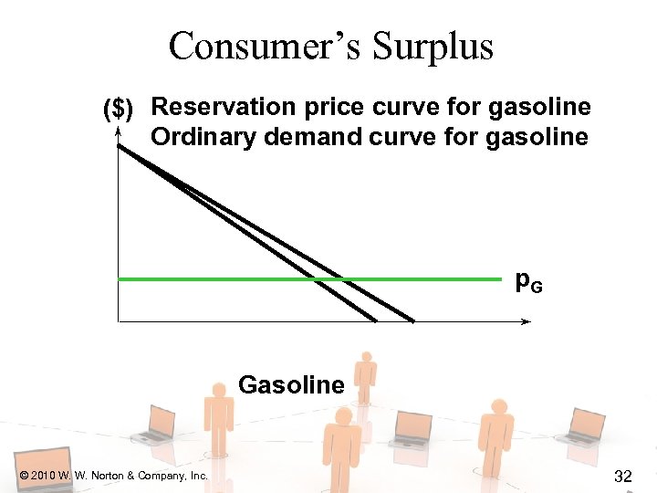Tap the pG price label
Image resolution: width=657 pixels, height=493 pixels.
pyautogui.click(x=528, y=282)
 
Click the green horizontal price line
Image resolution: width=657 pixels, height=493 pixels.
pyautogui.click(x=228, y=278)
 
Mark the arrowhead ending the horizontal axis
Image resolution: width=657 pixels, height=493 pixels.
pyautogui.click(x=527, y=321)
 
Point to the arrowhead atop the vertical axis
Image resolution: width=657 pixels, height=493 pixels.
pyautogui.click(x=119, y=133)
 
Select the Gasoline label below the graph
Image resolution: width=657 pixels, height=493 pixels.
pyautogui.click(x=291, y=385)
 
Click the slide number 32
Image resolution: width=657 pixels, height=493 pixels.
pyautogui.click(x=624, y=476)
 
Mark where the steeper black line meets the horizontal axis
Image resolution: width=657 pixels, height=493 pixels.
pyautogui.click(x=375, y=320)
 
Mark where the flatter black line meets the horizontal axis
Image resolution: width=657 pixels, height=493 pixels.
pyautogui.click(x=412, y=320)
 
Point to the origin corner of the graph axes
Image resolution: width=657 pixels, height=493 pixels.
pyautogui.click(x=119, y=321)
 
